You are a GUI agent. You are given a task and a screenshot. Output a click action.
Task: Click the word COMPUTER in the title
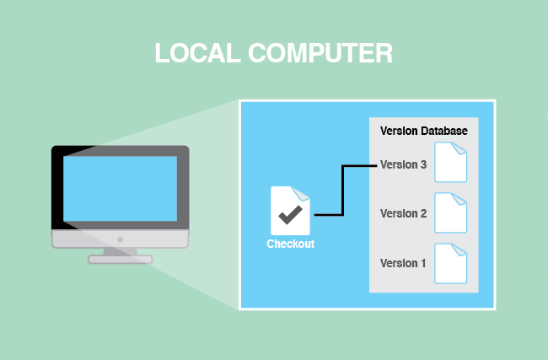(320, 53)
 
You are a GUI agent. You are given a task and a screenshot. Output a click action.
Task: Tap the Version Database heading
(423, 132)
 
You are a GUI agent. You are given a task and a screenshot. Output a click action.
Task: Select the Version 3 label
(403, 164)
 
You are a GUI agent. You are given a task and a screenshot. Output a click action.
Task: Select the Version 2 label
(403, 213)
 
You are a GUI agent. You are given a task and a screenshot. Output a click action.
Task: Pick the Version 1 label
(403, 263)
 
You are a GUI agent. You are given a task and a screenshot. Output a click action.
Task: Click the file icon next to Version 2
(450, 212)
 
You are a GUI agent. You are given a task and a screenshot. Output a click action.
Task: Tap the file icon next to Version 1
(450, 262)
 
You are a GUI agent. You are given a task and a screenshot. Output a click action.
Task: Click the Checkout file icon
(290, 211)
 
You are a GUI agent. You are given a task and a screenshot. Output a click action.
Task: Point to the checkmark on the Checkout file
(290, 215)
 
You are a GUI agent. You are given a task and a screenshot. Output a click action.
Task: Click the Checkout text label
(290, 244)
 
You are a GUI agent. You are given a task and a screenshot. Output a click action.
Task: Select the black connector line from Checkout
(341, 190)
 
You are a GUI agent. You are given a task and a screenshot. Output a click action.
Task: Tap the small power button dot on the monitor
(120, 239)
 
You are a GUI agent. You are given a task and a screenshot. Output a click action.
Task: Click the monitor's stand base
(120, 259)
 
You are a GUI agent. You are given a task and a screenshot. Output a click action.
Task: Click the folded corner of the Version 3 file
(461, 148)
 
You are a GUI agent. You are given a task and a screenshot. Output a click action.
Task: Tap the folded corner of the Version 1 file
(461, 248)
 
